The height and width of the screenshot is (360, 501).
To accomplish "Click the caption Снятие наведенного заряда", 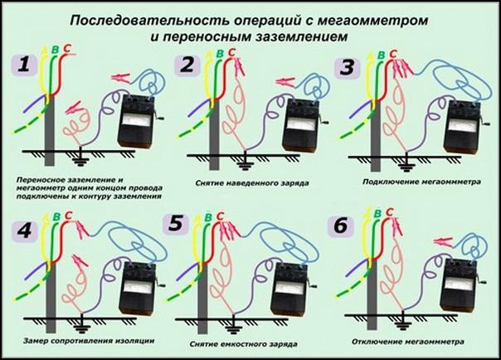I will pos(246,179).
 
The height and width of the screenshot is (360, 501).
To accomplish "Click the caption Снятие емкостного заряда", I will pos(246,342).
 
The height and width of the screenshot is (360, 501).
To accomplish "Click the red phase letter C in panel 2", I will pos(232,53).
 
